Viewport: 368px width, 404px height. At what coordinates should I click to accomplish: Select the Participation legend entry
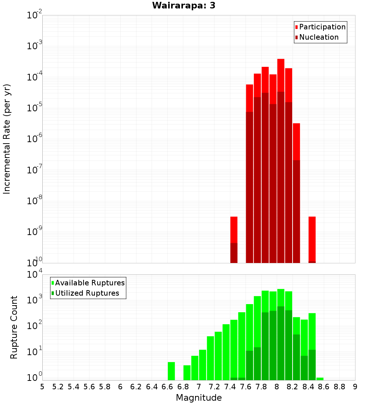(x=322, y=27)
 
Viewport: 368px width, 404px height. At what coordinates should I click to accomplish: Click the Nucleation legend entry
(x=318, y=37)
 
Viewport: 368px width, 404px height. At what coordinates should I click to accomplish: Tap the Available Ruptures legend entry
(x=89, y=283)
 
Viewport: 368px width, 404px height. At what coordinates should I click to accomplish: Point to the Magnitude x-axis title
(x=199, y=398)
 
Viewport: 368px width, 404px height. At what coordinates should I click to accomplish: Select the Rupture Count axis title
(x=14, y=327)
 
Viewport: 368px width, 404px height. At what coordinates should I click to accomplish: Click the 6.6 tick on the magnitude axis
(x=167, y=387)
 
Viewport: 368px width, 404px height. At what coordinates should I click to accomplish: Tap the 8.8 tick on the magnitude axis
(x=339, y=387)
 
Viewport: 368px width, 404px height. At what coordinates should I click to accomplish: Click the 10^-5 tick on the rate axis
(x=34, y=108)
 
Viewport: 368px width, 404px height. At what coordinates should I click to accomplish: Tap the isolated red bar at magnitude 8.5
(x=312, y=239)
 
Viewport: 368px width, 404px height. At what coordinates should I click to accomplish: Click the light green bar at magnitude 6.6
(x=171, y=371)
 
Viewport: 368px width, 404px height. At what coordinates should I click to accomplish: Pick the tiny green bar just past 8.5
(x=320, y=379)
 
